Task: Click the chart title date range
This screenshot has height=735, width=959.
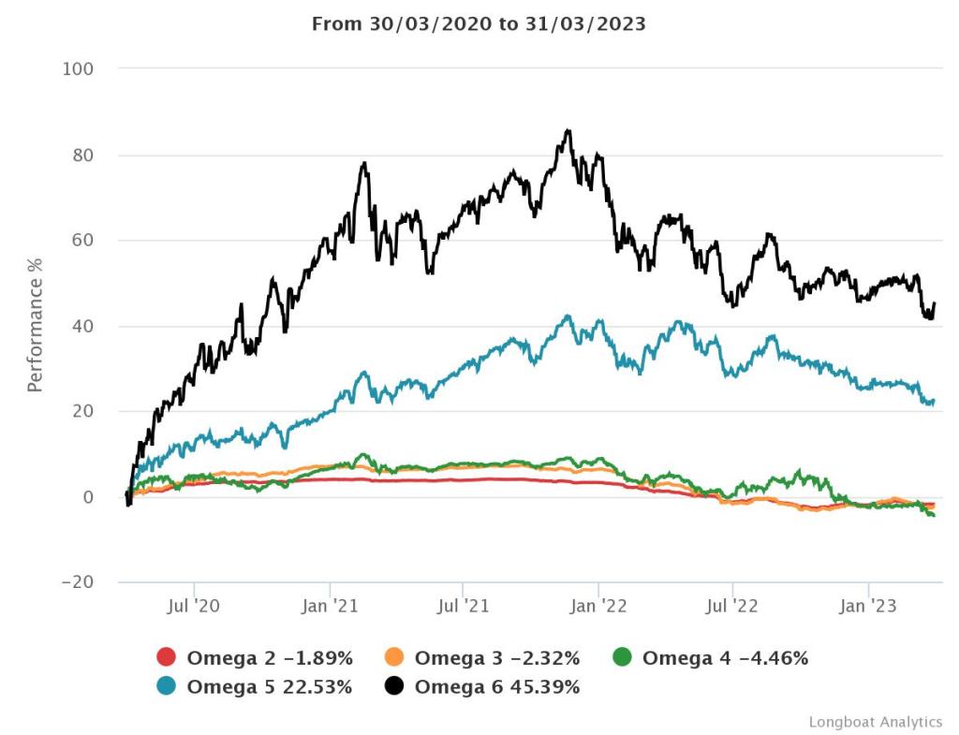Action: [x=479, y=24]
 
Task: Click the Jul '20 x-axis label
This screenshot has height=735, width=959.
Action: [x=194, y=607]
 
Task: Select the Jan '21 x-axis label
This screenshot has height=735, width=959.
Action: [x=329, y=607]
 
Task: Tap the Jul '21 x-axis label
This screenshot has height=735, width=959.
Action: [x=464, y=607]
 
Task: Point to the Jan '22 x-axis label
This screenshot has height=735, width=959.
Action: [x=598, y=607]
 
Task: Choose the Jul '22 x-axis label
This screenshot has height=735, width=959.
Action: [x=732, y=607]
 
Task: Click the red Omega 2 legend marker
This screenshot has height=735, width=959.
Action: [x=166, y=658]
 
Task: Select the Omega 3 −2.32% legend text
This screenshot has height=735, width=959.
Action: [x=497, y=658]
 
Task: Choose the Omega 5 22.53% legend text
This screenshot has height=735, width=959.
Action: [x=270, y=687]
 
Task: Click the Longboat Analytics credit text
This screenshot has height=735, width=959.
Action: [x=875, y=722]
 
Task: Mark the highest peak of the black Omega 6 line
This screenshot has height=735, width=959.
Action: [x=568, y=130]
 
